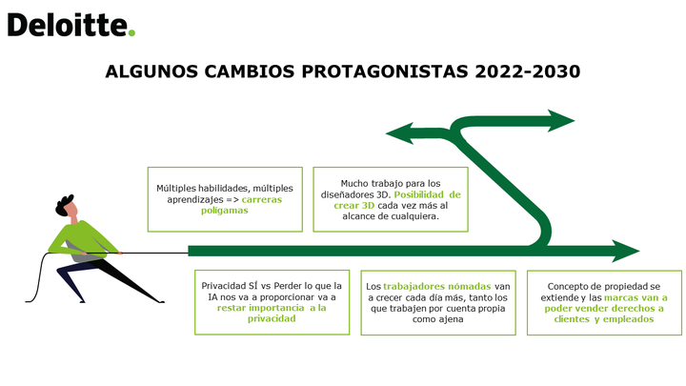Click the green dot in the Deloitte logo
131,32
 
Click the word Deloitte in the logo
67,25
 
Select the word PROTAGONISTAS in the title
385,71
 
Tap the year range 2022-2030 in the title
528,71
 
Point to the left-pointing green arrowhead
399,133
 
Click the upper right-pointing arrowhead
561,121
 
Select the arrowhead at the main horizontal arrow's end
626,252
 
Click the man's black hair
65,205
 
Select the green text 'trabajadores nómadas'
437,286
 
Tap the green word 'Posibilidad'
419,194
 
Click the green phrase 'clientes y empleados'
604,319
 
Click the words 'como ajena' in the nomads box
437,319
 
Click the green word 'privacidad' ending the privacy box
272,318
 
